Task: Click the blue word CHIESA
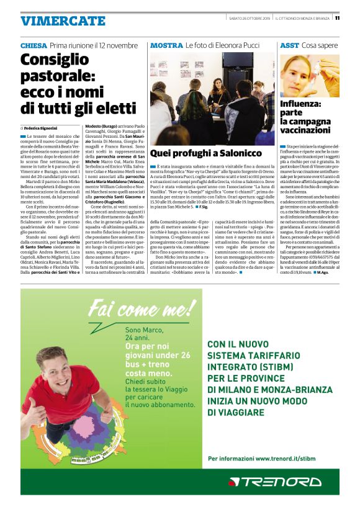point(34,46)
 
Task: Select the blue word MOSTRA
point(166,46)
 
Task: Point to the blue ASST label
point(289,46)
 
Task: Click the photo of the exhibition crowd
point(211,98)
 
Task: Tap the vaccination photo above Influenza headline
point(309,76)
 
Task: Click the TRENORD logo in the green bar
point(274,482)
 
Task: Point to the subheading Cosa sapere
point(320,46)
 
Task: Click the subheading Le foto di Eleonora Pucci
point(221,46)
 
